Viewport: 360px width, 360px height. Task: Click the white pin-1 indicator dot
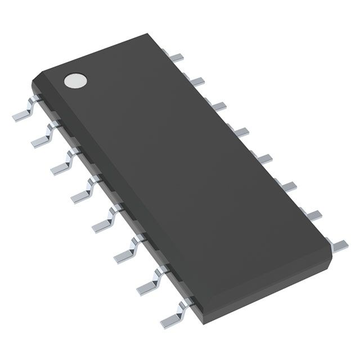(x=75, y=80)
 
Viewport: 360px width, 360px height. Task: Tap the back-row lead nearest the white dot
(x=178, y=57)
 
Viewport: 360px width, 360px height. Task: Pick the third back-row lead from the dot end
(x=218, y=105)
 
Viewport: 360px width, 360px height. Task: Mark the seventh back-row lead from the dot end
(x=311, y=214)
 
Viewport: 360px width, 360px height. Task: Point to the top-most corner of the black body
(x=156, y=34)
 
